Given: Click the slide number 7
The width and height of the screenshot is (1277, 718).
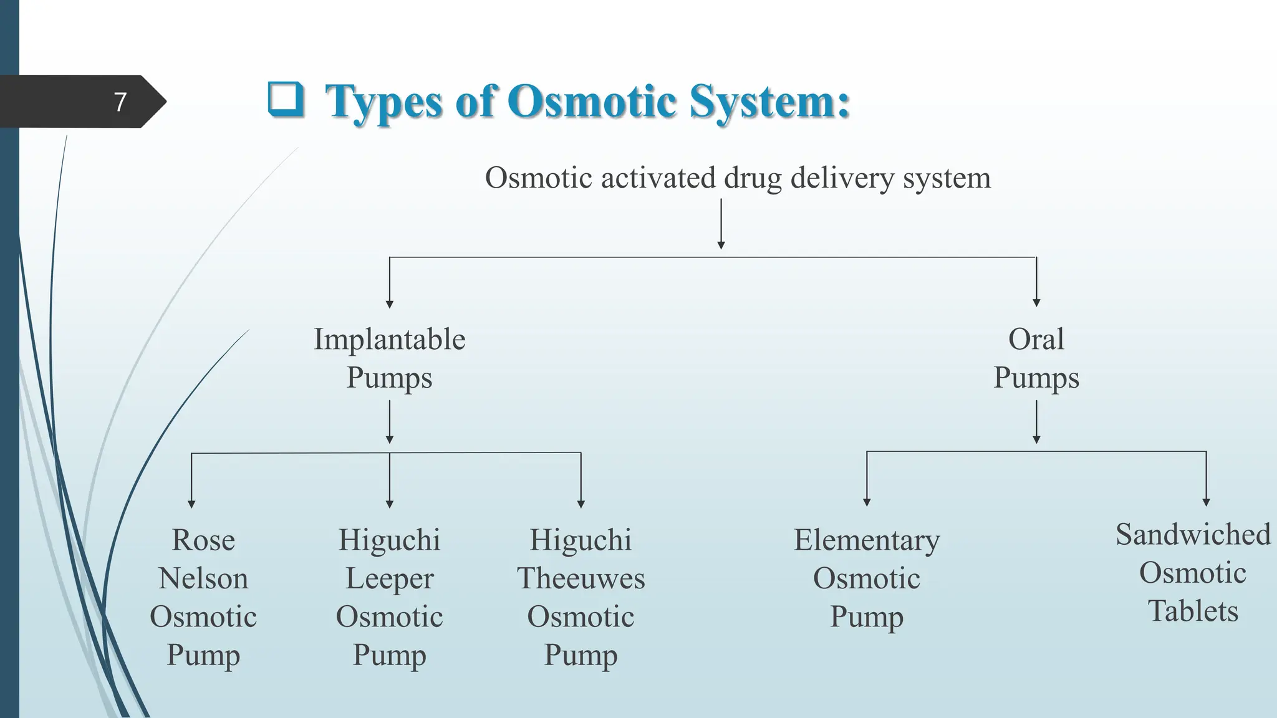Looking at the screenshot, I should (x=120, y=102).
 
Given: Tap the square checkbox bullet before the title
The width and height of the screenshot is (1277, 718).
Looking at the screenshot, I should (x=286, y=100).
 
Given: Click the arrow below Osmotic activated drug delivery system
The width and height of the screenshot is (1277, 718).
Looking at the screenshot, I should (x=721, y=224).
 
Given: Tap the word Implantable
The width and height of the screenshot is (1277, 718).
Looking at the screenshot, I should (x=389, y=340).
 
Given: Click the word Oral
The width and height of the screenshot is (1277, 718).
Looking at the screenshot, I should (x=1036, y=340).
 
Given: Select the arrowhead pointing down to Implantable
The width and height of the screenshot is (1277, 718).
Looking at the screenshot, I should (x=390, y=304).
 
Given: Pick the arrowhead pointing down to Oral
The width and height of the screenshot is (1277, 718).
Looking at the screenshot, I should (x=1036, y=302).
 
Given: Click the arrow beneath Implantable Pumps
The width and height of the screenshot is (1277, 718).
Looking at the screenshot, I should (x=390, y=422).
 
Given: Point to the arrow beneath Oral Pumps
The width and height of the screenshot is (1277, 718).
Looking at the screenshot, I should (x=1036, y=422).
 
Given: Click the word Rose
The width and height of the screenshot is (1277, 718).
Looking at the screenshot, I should (x=203, y=540).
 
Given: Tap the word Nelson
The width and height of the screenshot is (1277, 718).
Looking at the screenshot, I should (x=203, y=578).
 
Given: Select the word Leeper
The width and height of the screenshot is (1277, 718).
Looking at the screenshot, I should (x=389, y=578).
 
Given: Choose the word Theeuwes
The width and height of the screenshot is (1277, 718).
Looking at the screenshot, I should (x=581, y=578).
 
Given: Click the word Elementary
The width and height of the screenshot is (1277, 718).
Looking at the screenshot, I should (x=866, y=540).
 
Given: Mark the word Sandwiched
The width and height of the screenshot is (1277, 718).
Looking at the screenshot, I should (x=1192, y=535).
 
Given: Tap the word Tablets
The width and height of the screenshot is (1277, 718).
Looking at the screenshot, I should (x=1192, y=611).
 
